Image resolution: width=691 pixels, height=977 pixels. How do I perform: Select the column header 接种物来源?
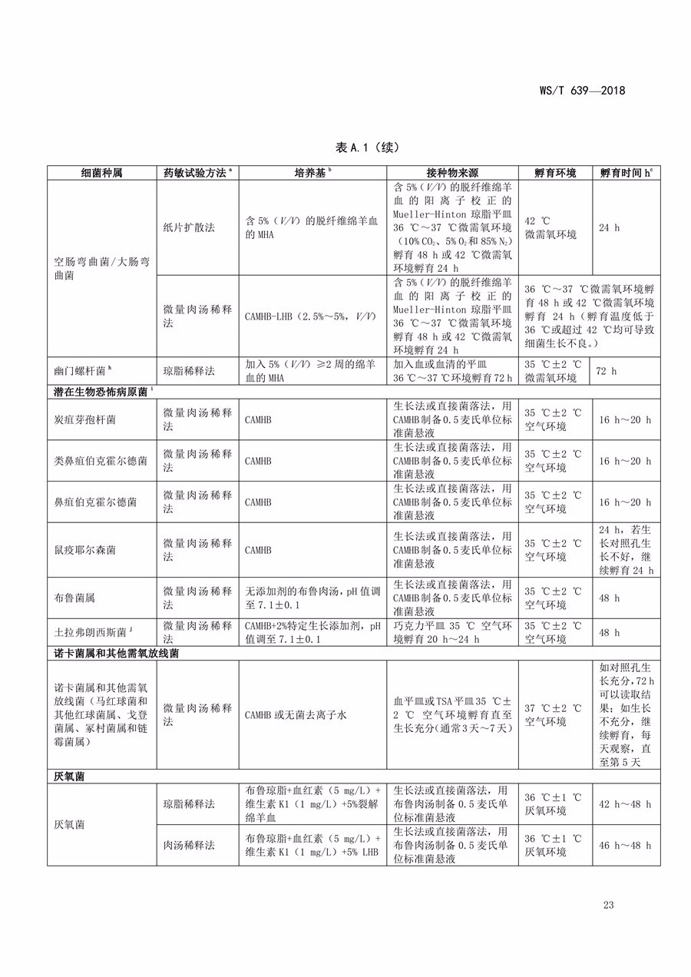452,173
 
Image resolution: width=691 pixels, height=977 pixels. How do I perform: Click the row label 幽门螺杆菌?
77,370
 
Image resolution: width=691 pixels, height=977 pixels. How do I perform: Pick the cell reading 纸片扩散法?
189,228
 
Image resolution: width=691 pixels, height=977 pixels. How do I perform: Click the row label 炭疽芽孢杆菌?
86,419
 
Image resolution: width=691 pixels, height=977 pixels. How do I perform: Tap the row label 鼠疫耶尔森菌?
86,550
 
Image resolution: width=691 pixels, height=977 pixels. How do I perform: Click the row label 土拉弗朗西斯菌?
89,632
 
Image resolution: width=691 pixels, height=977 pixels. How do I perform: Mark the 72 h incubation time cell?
607,370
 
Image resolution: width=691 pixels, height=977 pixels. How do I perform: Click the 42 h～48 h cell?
624,803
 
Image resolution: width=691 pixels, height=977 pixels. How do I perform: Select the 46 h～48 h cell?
624,845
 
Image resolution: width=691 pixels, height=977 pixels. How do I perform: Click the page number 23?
609,905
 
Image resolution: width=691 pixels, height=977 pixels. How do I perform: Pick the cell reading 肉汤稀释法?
189,845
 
